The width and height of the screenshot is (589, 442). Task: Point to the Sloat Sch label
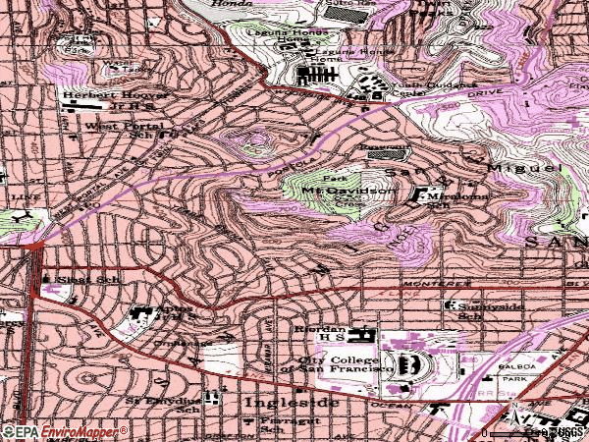point(82,279)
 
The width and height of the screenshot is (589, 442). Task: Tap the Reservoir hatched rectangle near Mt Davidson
point(392,153)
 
